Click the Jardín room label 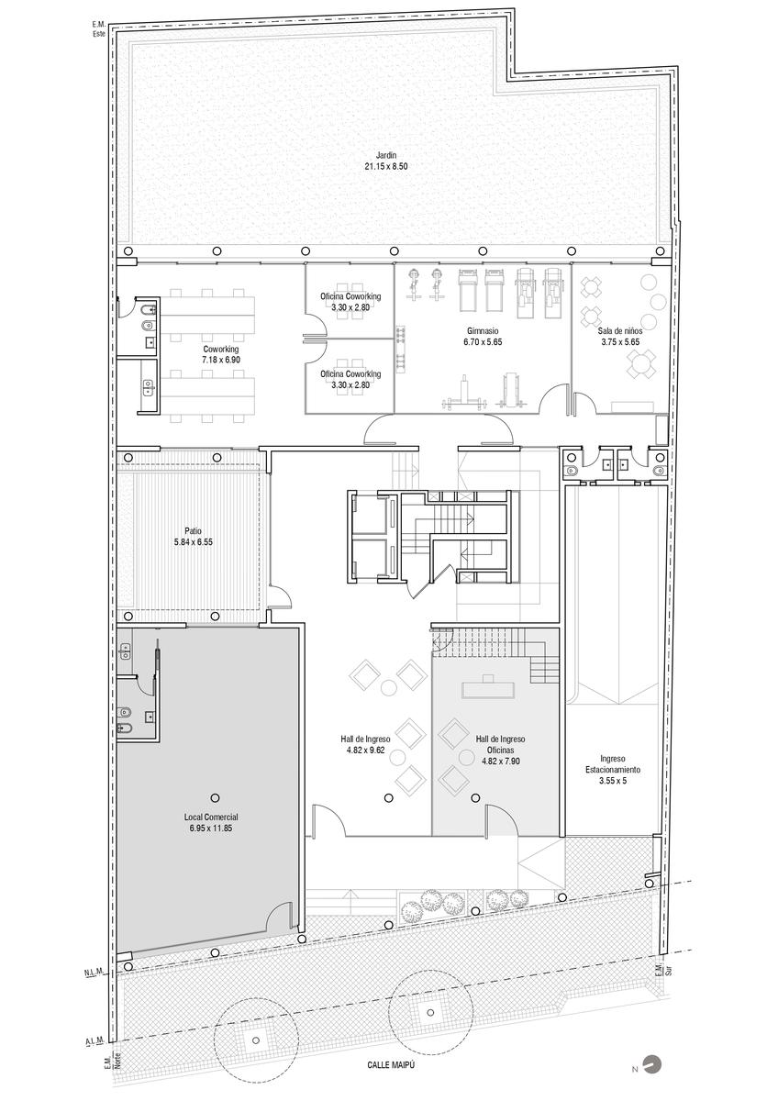click(386, 155)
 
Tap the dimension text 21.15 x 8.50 click(386, 166)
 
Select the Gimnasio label click(483, 331)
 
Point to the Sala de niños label click(620, 331)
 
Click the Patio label click(194, 531)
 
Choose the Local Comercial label click(211, 817)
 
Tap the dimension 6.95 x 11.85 click(211, 829)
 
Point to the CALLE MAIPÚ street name click(388, 1062)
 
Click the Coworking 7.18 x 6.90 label click(221, 354)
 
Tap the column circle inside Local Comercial click(215, 797)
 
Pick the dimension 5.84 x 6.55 click(194, 542)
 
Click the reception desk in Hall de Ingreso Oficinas click(487, 689)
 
